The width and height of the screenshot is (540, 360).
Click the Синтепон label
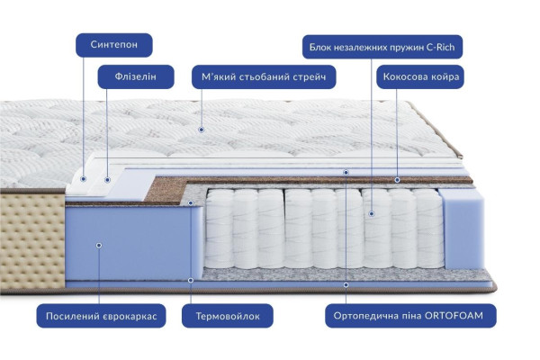click(114, 45)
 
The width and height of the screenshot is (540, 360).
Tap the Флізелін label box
click(136, 76)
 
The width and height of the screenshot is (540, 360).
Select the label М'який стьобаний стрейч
click(264, 76)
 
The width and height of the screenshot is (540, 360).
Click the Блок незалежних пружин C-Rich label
click(382, 47)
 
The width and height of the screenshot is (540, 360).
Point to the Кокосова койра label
click(421, 76)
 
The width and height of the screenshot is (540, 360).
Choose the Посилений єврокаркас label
click(101, 316)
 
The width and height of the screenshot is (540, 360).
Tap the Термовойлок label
click(228, 316)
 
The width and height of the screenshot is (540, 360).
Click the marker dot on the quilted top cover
click(202, 130)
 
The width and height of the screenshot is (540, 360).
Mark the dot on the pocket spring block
click(371, 214)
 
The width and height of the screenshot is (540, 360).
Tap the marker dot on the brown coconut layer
click(397, 180)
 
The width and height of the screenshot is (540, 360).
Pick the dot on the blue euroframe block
click(99, 246)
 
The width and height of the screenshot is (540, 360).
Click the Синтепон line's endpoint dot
click(83, 179)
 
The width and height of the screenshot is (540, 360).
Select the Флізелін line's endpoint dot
click(107, 180)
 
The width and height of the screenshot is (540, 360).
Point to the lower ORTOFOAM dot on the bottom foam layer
click(346, 285)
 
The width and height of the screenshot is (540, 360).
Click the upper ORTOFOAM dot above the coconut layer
click(346, 172)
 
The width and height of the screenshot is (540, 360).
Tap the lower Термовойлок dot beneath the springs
click(191, 281)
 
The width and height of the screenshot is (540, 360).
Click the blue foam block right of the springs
click(463, 229)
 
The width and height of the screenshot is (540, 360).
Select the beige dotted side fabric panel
click(32, 241)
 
